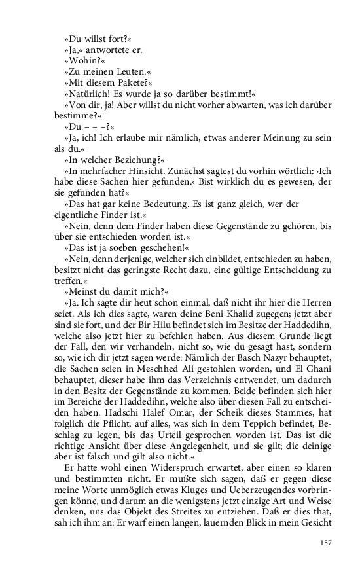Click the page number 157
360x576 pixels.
[x=326, y=542]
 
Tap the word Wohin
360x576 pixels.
[x=85, y=61]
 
